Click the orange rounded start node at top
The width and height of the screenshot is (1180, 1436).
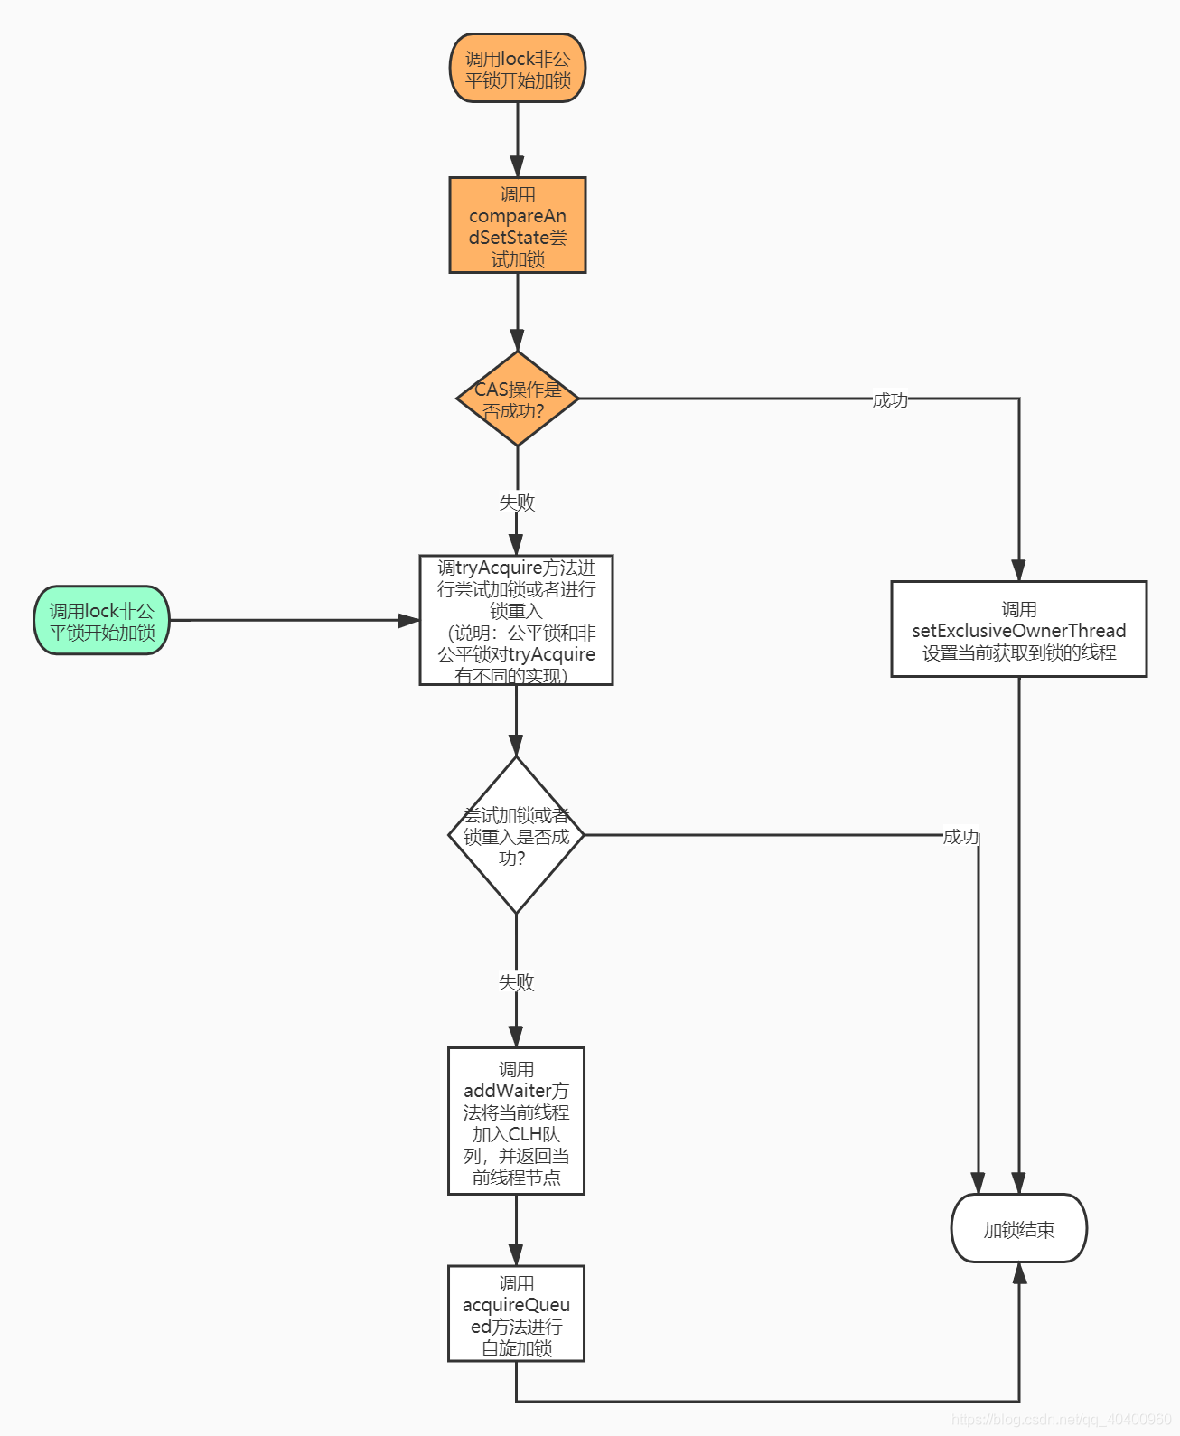517,68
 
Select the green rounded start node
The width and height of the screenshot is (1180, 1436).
101,620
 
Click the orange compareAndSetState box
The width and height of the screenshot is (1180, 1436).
517,225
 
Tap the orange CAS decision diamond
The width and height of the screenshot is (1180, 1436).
517,399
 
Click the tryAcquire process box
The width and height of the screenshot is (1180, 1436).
516,620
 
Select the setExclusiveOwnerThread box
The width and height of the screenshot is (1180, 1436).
1018,629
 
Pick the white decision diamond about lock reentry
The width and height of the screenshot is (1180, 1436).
516,835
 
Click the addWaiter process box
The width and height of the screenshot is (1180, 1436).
516,1121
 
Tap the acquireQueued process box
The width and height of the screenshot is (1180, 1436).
516,1313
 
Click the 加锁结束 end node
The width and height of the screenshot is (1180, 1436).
1018,1228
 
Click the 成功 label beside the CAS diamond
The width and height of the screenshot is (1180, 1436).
890,399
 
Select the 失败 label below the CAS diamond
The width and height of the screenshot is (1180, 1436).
517,502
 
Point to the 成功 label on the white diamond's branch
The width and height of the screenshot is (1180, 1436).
960,836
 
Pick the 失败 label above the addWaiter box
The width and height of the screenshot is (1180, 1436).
516,981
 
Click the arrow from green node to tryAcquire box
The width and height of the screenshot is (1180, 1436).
295,620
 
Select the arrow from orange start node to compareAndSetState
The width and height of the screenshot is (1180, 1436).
517,139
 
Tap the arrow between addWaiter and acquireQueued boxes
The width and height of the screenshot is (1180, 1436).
516,1230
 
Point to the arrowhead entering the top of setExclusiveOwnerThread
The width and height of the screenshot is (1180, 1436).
1018,570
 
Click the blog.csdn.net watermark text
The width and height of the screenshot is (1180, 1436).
1062,1418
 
